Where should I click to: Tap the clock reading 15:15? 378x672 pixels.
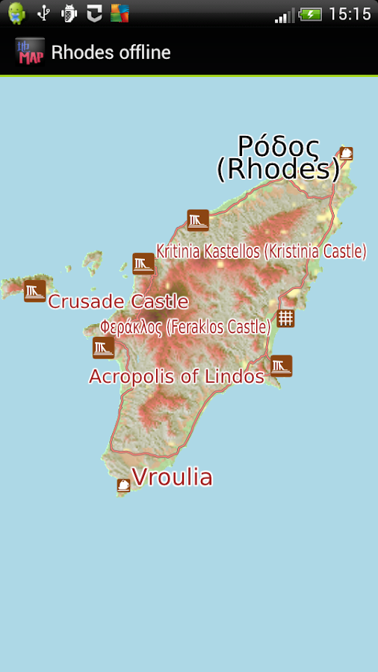pos(350,13)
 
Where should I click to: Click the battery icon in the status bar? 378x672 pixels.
pos(310,13)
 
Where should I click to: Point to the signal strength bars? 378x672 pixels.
pos(285,14)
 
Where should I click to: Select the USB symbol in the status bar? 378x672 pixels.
pos(43,13)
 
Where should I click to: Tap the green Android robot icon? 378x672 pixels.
pos(16,13)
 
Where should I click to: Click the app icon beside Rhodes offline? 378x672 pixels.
pos(29,52)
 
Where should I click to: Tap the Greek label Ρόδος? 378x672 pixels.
pos(279,145)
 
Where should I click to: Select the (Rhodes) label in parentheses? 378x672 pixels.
pos(278,169)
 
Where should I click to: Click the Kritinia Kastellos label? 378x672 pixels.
pos(261,251)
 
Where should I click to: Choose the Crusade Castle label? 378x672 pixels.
pos(118,302)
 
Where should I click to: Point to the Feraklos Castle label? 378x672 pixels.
pos(185,327)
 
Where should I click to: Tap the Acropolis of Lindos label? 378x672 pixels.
pos(176,376)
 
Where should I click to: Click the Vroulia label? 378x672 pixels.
pos(172,477)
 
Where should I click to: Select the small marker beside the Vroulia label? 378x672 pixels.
pos(123,485)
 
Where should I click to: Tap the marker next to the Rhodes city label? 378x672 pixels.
pos(346,153)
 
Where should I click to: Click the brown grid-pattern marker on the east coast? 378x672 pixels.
pos(285,319)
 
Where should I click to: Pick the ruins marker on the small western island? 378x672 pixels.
pos(34,290)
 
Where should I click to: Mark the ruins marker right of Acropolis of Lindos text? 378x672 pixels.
pos(281,366)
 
